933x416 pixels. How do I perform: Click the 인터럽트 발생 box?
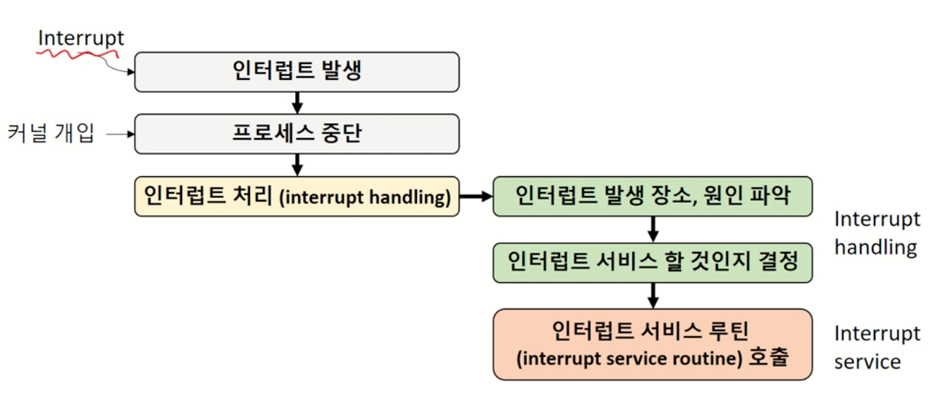click(297, 71)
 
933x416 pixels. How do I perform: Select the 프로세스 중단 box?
click(297, 133)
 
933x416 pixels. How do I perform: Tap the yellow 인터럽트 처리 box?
click(297, 196)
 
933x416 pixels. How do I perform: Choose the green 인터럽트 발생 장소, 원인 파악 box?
click(652, 196)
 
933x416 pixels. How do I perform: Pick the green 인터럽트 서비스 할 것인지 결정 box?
click(652, 261)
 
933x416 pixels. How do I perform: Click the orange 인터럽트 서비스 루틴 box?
click(652, 344)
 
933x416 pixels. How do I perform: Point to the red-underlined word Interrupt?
click(81, 38)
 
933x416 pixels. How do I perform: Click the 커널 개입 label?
click(51, 133)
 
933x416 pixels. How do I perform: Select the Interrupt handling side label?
click(876, 233)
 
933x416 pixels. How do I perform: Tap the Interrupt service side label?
click(876, 348)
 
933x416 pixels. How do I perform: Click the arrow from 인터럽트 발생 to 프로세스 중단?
click(297, 102)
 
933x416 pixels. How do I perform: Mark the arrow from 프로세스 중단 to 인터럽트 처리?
click(297, 165)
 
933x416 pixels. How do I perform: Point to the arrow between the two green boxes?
click(653, 230)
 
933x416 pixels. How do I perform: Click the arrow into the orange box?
click(653, 294)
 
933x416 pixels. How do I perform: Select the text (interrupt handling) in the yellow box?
click(364, 197)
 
